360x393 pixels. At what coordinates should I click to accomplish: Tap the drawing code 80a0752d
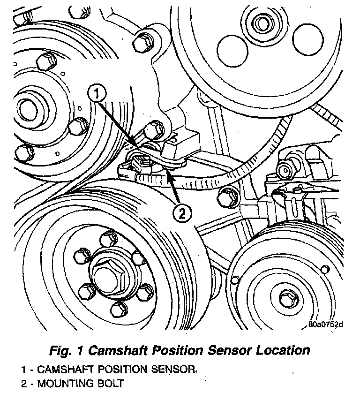click(x=326, y=324)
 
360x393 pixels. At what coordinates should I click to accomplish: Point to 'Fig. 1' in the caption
click(x=66, y=350)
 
